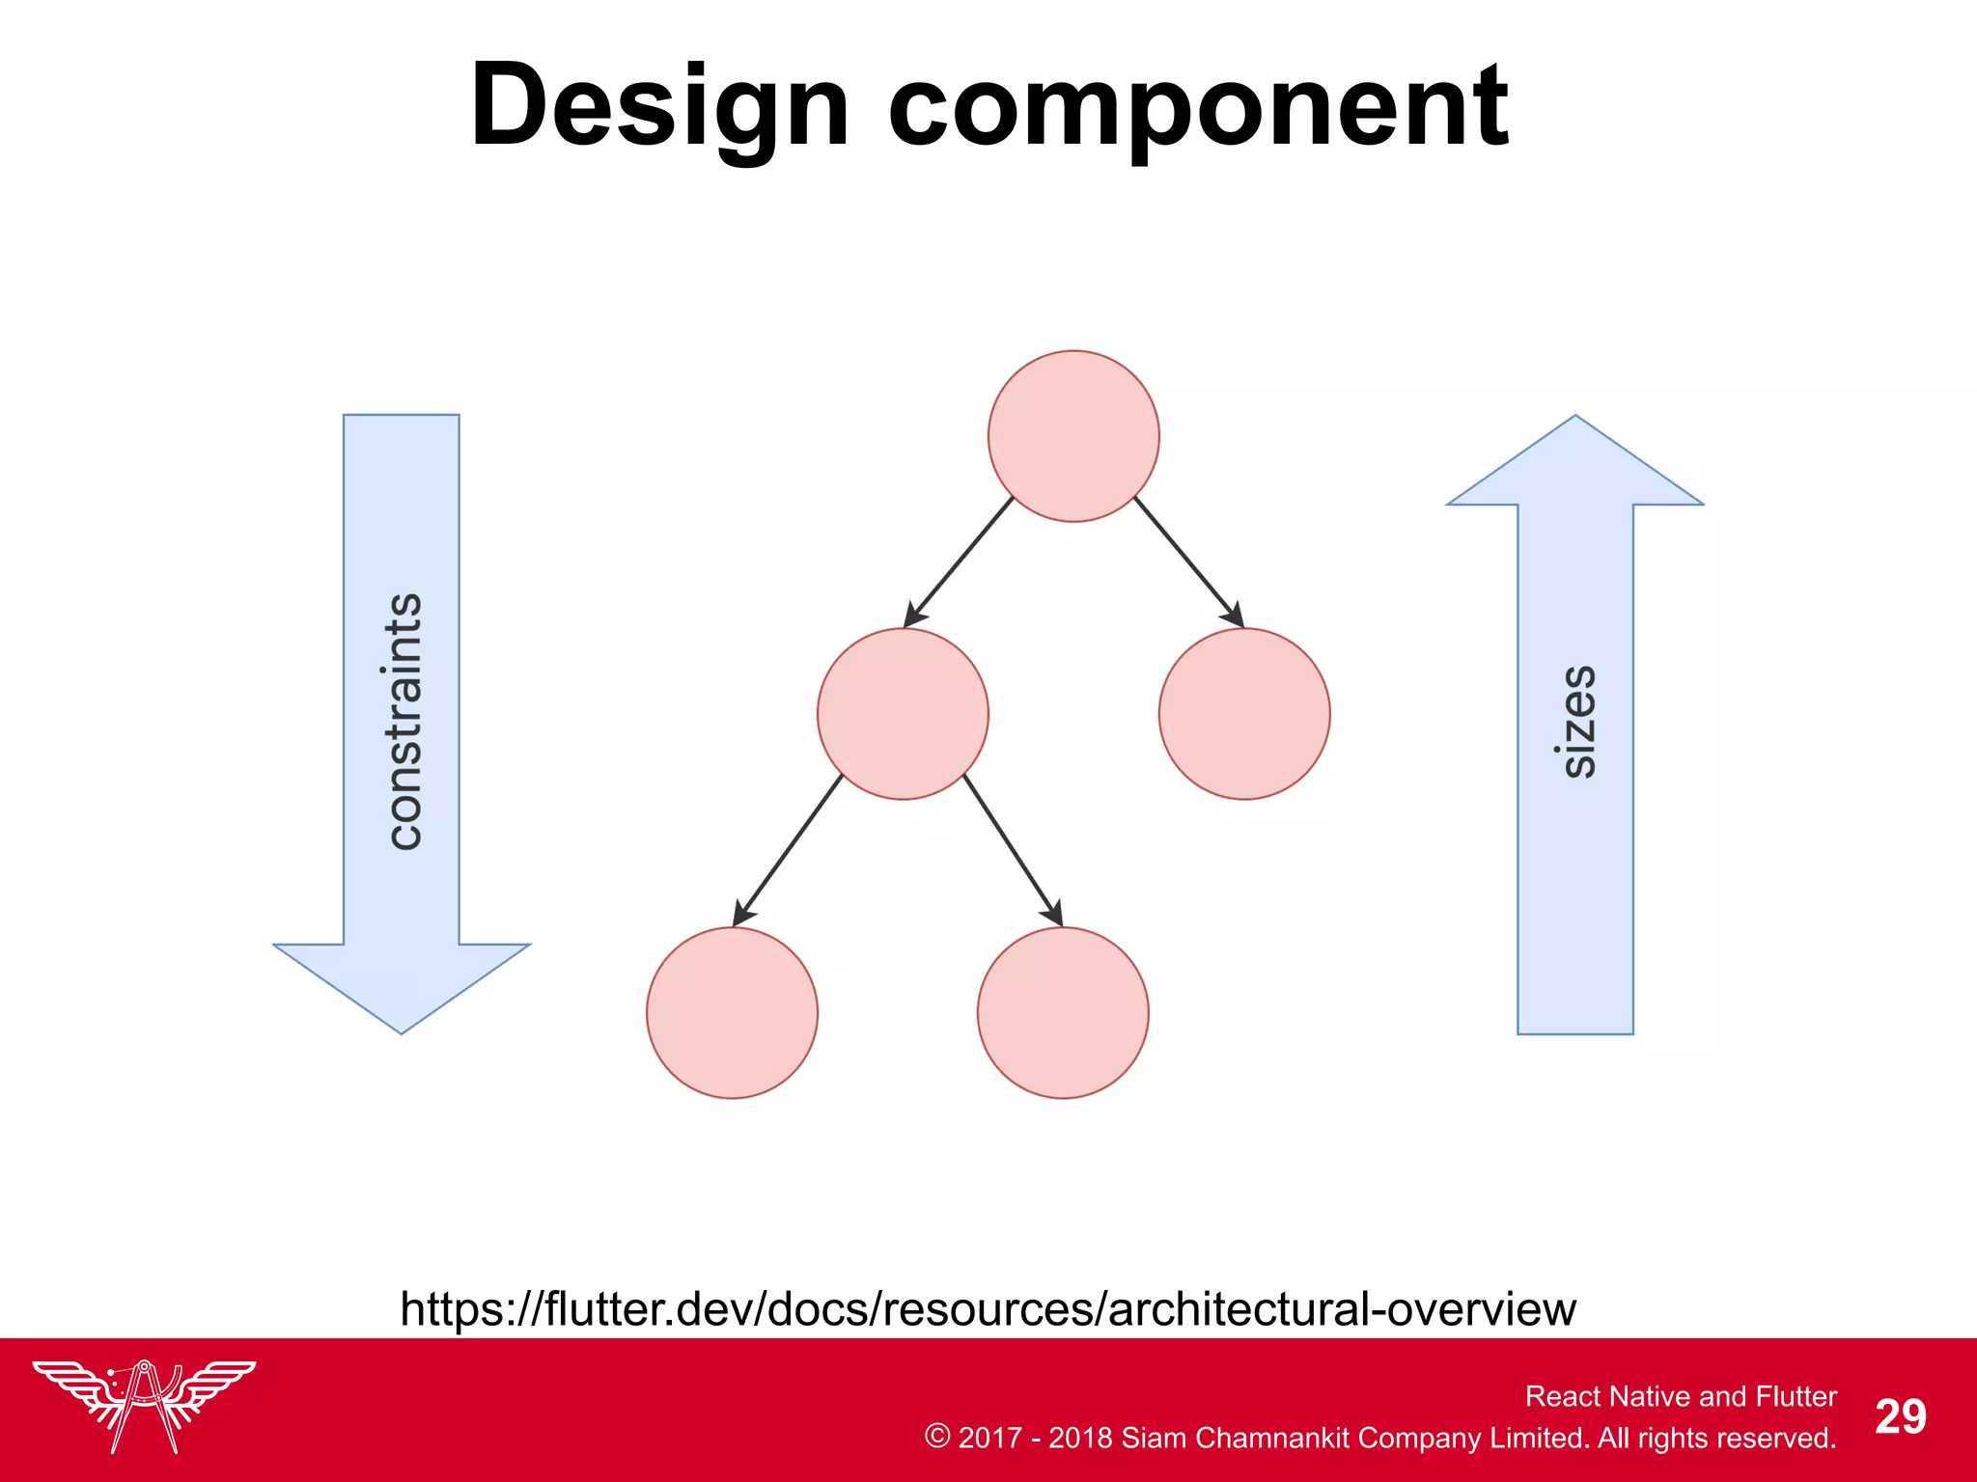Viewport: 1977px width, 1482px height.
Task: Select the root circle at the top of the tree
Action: [x=1073, y=436]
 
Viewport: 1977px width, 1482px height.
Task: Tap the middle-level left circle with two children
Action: [x=903, y=714]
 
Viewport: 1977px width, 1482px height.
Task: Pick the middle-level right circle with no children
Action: [x=1244, y=714]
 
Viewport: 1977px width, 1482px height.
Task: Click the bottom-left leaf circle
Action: [x=732, y=1013]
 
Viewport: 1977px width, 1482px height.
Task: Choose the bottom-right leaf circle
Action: [x=1063, y=1013]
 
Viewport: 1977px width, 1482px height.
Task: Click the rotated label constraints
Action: [x=404, y=722]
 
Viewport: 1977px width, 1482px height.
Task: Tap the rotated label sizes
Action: [x=1577, y=722]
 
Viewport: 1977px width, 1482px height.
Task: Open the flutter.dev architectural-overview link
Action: [x=988, y=1309]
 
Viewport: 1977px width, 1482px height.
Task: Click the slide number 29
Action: [x=1900, y=1417]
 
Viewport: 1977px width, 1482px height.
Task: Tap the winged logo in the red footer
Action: [x=144, y=1404]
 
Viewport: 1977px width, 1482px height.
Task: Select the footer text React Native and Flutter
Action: [x=1681, y=1396]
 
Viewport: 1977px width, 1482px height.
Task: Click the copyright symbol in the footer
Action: [x=936, y=1436]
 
